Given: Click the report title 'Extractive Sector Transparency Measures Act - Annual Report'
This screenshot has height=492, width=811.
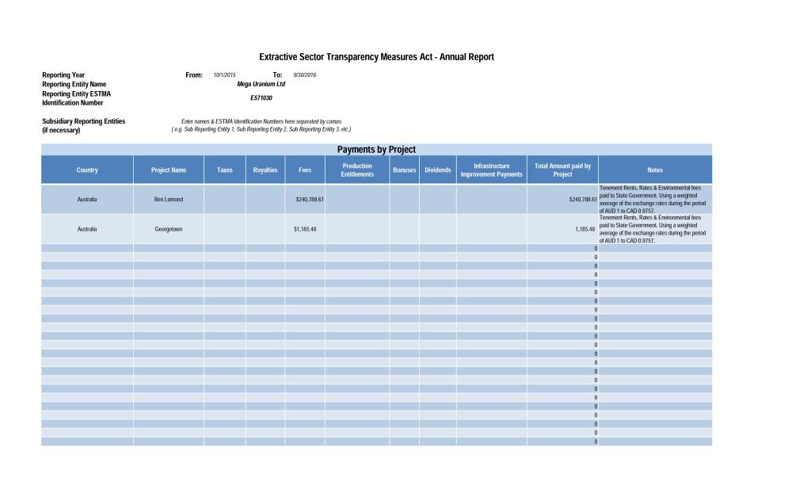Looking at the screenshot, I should pos(376,57).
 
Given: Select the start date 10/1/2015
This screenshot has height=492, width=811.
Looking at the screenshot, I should pos(225,75).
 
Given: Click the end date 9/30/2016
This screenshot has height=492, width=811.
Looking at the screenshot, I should pos(305,75).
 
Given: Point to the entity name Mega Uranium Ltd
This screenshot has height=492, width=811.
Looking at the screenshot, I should pos(261,84).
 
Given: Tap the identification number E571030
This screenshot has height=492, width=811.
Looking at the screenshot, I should pos(261,98).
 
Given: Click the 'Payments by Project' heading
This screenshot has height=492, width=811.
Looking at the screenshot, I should pos(376,150).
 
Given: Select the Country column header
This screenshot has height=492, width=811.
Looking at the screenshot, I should pos(87,170).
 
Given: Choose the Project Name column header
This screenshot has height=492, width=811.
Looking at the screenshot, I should pos(169,170).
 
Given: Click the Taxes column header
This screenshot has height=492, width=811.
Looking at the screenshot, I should pos(225,170).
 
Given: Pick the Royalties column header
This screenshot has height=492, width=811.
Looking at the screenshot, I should pos(265,170).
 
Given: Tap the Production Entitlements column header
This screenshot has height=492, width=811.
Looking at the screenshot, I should pos(357,170).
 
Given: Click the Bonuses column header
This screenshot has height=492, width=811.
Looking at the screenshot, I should pos(405,170).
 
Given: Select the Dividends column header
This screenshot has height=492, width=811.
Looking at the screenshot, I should pos(438,170).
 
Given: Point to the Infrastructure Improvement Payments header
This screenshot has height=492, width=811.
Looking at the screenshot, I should pos(492,170).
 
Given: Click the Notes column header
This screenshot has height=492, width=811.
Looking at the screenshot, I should pos(655,170).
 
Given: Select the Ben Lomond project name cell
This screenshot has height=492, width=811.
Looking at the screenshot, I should pos(169,200).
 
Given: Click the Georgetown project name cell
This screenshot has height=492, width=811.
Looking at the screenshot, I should pos(169,229).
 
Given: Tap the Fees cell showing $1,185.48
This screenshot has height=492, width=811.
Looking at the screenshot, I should pos(305,229).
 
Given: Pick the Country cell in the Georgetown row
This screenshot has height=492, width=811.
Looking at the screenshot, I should pos(87,229).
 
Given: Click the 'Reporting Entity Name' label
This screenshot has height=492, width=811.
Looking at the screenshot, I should pos(74,84).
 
